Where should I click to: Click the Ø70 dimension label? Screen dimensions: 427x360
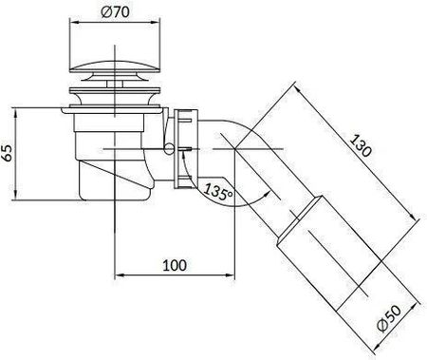click(x=115, y=12)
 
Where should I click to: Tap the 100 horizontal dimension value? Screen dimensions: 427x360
click(x=175, y=265)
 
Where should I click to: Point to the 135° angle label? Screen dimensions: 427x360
click(x=218, y=191)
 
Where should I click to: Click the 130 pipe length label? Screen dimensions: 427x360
click(x=361, y=146)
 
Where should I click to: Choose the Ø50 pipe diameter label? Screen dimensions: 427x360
click(x=390, y=318)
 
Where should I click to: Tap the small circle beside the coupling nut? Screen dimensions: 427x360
click(x=169, y=148)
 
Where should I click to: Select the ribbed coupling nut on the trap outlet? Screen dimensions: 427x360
click(x=186, y=148)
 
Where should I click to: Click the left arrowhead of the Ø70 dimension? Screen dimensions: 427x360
click(x=74, y=22)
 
